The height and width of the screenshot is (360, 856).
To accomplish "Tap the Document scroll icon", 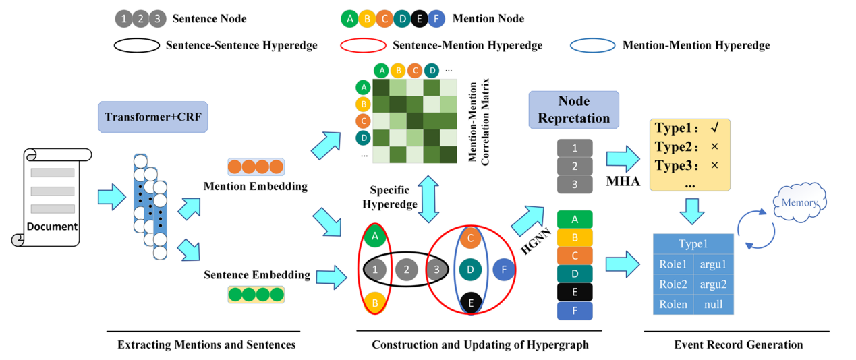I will [x=53, y=198].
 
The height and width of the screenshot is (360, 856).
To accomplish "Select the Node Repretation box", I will [x=574, y=109].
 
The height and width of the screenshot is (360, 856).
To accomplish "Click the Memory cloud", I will [x=799, y=202].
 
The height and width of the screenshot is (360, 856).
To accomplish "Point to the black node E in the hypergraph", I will [x=471, y=303].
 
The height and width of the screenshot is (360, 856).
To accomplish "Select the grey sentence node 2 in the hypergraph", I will [x=406, y=270].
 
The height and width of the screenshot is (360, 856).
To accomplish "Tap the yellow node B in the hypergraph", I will [x=374, y=303].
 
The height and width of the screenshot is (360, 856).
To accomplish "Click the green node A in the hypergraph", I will [x=374, y=237].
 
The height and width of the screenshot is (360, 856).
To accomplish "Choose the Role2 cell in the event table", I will [x=673, y=284].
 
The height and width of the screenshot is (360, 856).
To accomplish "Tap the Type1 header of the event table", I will [x=693, y=243].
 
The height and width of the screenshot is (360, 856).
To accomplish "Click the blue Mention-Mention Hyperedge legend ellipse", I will [x=592, y=45].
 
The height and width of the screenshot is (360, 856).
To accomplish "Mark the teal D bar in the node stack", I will [x=575, y=274].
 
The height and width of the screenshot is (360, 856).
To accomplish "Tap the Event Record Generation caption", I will [x=738, y=344].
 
